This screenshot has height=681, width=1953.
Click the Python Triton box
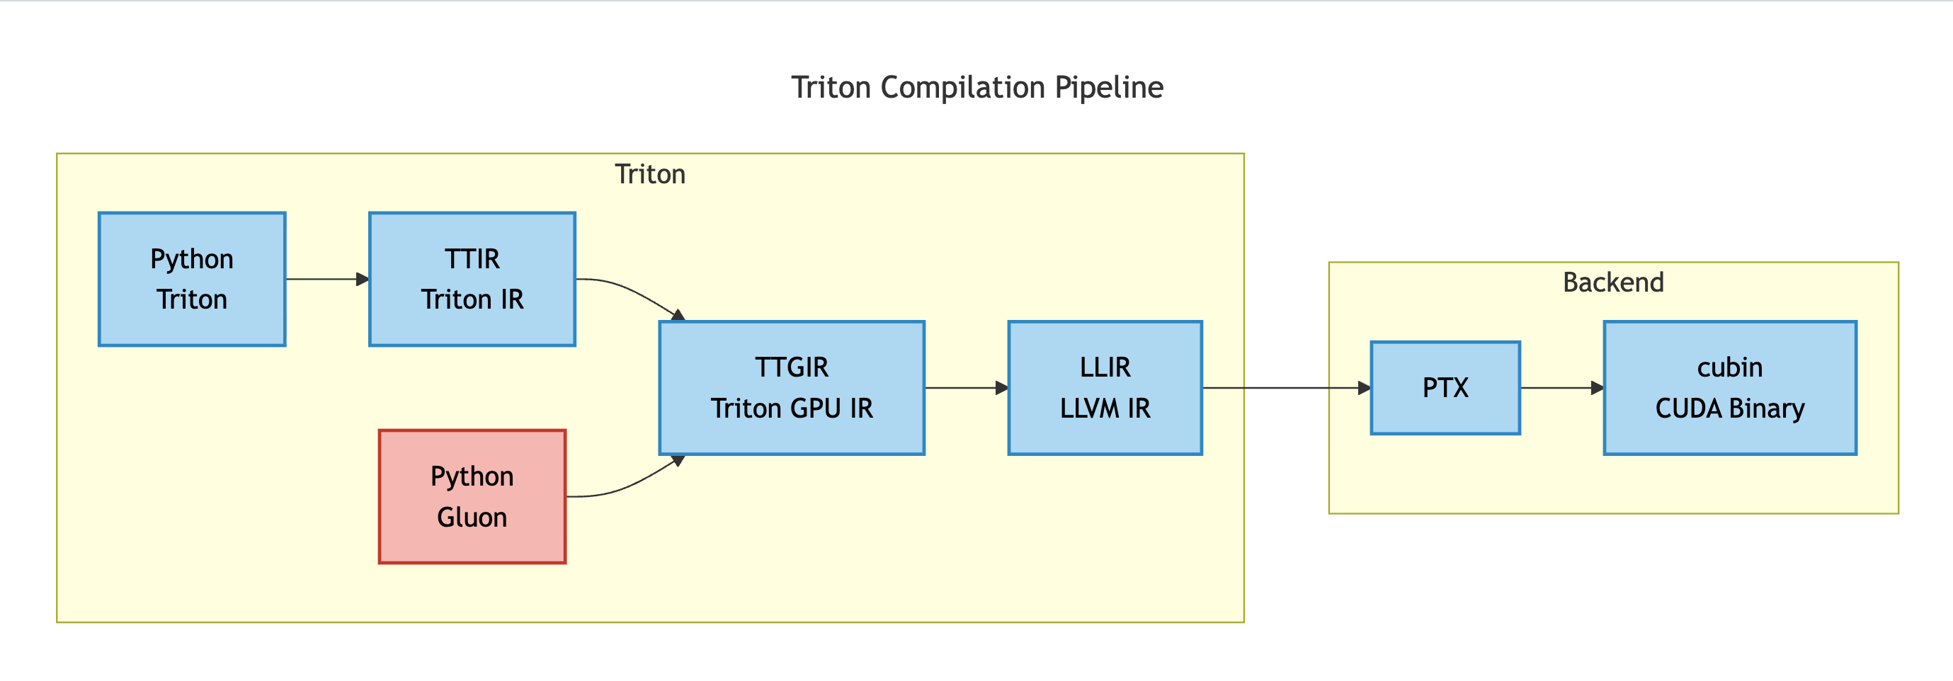[x=192, y=279]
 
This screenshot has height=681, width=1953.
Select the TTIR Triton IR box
[x=472, y=279]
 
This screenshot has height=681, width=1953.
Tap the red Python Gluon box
[x=472, y=496]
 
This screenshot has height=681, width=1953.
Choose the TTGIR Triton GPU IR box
[x=792, y=387]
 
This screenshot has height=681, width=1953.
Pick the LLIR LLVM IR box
[x=1105, y=387]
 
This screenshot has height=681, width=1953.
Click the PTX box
[x=1445, y=387]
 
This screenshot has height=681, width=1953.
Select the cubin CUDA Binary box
[x=1729, y=387]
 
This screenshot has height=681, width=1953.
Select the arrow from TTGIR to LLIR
[x=964, y=388]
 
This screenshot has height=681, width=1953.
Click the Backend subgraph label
[x=1612, y=282]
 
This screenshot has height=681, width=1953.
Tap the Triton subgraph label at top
[x=650, y=174]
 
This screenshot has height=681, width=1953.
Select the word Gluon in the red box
[x=472, y=517]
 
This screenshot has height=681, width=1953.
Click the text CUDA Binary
[x=1729, y=408]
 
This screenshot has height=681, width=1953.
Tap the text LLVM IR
[x=1105, y=408]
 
